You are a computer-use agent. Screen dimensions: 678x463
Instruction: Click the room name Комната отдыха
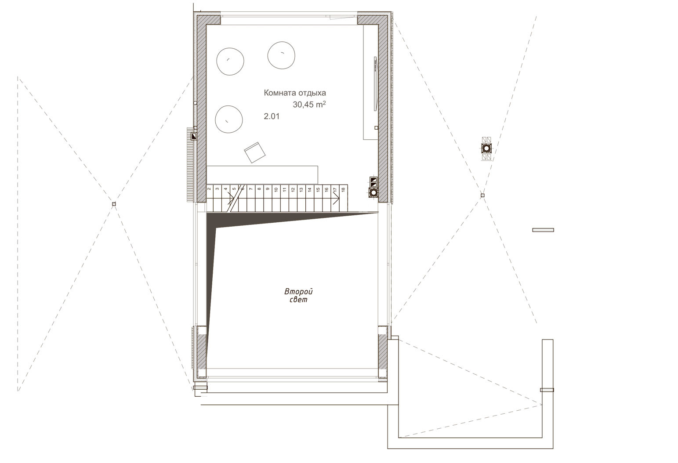point(295,93)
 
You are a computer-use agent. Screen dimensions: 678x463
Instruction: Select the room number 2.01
point(272,116)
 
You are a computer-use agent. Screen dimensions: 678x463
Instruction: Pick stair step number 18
point(343,190)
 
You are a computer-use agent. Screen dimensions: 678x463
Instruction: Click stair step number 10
point(276,190)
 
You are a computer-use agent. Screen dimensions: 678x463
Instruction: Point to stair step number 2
point(209,190)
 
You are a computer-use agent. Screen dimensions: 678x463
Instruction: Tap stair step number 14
point(309,190)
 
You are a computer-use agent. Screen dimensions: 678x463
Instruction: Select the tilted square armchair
point(255,152)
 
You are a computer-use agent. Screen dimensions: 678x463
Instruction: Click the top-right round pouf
point(281,55)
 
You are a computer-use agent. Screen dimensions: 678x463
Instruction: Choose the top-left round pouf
point(229,60)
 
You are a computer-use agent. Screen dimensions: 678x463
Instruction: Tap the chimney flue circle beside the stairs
point(373,192)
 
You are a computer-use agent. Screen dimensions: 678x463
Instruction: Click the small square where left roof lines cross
point(114,204)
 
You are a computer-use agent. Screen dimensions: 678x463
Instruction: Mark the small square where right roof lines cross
point(482,195)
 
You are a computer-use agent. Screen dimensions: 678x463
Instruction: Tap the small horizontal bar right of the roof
point(543,230)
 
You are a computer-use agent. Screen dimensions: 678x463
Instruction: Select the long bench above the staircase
point(262,174)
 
